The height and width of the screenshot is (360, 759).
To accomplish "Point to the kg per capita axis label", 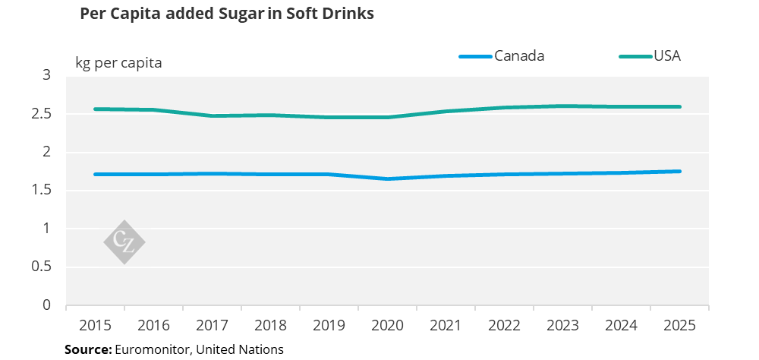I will pos(118,62).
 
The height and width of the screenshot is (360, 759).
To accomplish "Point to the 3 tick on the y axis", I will pos(47,75).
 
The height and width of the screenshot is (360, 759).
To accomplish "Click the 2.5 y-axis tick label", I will pos(41,114).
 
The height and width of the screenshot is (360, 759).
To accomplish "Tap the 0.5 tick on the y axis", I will pos(41,267).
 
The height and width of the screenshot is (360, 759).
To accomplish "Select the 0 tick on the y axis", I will pos(47,305).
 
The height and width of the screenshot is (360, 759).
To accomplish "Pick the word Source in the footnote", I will pos(88,349).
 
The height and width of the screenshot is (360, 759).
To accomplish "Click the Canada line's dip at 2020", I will pos(387,178).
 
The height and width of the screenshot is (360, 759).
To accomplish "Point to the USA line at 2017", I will pos(212,115).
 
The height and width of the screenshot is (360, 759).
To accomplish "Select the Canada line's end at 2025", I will pos(679,172).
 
